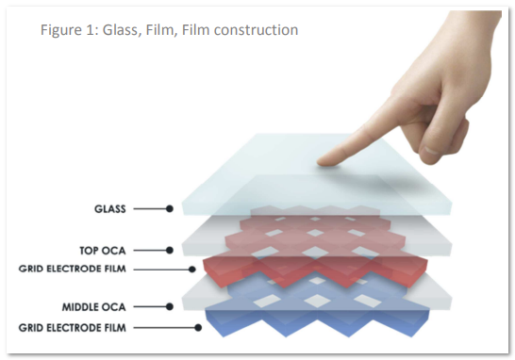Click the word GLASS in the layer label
pyautogui.click(x=110, y=209)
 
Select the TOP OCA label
pyautogui.click(x=103, y=251)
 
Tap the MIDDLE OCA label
pyautogui.click(x=94, y=307)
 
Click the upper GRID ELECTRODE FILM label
pyautogui.click(x=73, y=269)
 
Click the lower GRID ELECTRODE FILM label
pyautogui.click(x=73, y=328)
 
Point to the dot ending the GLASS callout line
pyautogui.click(x=170, y=208)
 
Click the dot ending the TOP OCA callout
pyautogui.click(x=170, y=251)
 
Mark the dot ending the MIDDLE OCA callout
pyautogui.click(x=170, y=307)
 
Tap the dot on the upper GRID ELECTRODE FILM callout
pyautogui.click(x=192, y=270)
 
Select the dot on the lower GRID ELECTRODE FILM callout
pyautogui.click(x=198, y=328)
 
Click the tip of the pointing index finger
pyautogui.click(x=319, y=162)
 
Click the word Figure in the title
pyautogui.click(x=61, y=30)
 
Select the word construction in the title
pyautogui.click(x=256, y=30)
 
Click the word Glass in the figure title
pyautogui.click(x=120, y=30)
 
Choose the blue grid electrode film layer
pyautogui.click(x=317, y=321)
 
